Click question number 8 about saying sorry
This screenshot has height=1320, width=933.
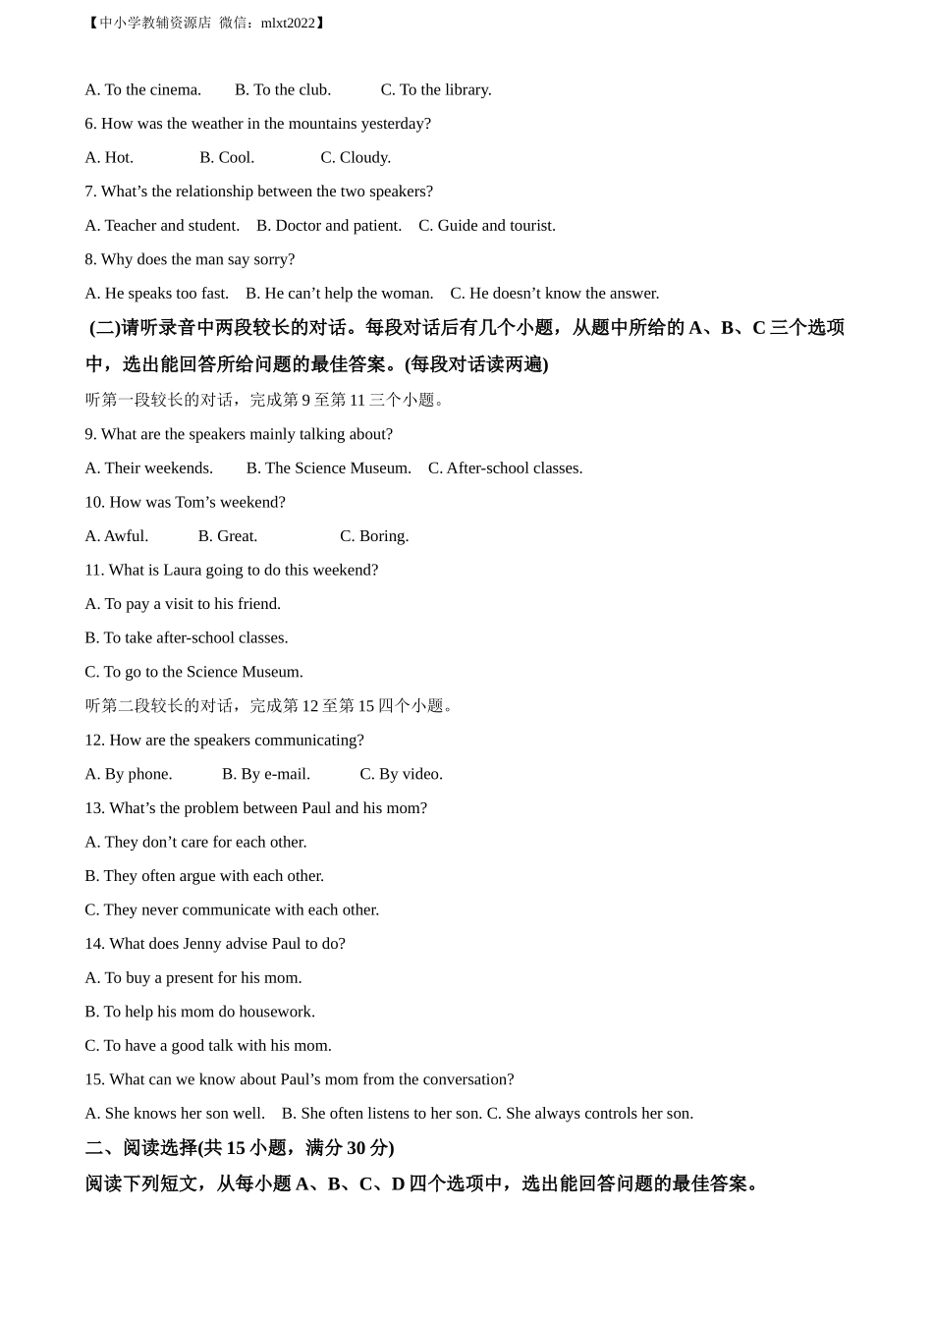pos(190,259)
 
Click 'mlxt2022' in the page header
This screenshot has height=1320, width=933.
pos(288,23)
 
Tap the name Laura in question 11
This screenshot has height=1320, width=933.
pos(182,571)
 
